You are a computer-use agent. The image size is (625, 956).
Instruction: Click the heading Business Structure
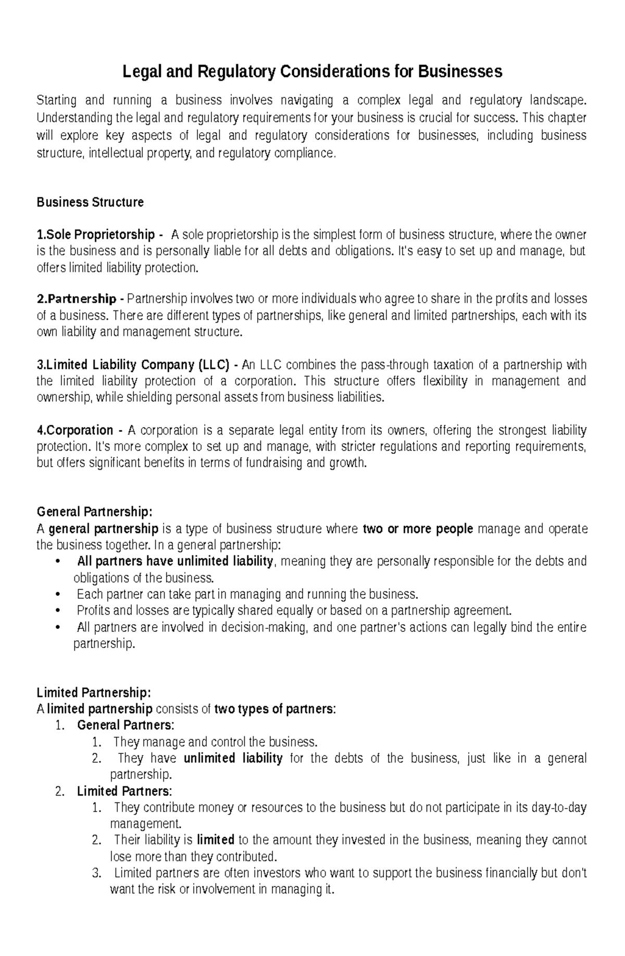point(90,202)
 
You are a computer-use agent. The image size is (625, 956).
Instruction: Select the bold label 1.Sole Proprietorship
point(95,234)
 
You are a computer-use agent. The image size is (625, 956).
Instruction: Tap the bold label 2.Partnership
point(76,299)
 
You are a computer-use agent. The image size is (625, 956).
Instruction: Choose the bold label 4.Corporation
point(75,430)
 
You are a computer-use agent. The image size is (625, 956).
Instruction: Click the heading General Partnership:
point(95,512)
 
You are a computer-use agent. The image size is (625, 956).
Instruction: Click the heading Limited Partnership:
point(94,693)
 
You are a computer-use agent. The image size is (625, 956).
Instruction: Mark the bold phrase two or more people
point(418,529)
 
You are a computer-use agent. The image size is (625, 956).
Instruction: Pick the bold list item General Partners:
point(126,725)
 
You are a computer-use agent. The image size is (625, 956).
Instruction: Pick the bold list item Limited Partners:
point(124,791)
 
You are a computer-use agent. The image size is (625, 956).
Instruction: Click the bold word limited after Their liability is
point(215,840)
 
